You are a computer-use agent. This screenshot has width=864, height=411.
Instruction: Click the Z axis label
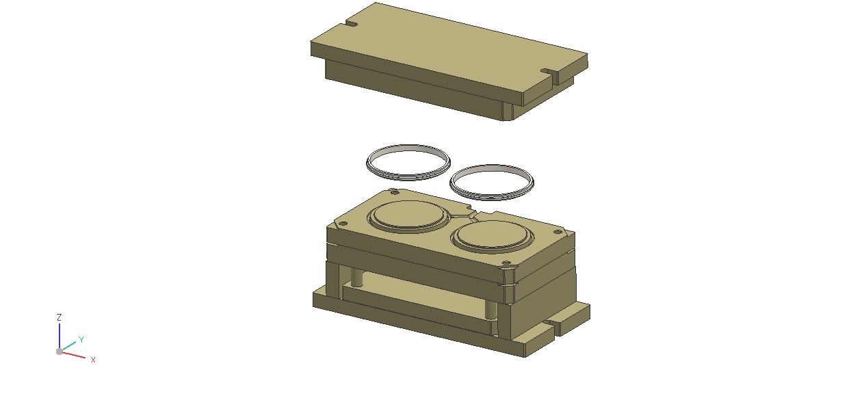pos(59,317)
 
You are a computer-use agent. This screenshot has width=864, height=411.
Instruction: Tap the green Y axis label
pos(81,339)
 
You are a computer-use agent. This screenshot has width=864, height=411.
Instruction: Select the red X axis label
pos(93,360)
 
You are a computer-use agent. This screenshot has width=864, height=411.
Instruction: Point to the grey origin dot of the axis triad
pos(60,352)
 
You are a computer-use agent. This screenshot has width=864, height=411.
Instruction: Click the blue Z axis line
pos(60,336)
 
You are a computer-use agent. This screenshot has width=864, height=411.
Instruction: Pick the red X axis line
pos(73,355)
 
